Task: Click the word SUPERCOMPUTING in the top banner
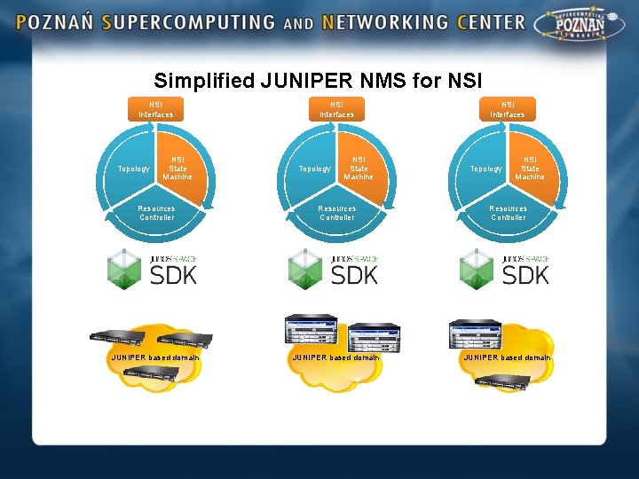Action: pos(187,22)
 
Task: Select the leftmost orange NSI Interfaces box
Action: pos(156,109)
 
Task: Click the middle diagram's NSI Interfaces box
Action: pos(336,109)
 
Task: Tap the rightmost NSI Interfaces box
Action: pos(508,109)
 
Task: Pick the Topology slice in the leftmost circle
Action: pos(134,169)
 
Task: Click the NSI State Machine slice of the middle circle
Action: pos(358,168)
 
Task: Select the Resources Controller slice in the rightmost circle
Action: pos(508,213)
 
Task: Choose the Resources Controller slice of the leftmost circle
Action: pos(156,213)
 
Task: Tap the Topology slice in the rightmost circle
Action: pos(485,169)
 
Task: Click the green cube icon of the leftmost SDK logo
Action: pos(123,267)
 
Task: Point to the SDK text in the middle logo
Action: pos(354,275)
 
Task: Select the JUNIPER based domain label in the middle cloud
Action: pos(335,357)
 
